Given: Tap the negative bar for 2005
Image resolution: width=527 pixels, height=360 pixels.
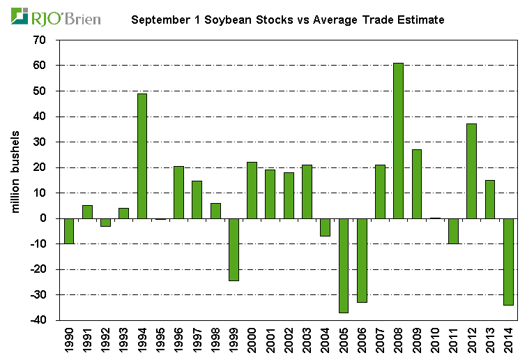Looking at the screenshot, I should click(343, 265).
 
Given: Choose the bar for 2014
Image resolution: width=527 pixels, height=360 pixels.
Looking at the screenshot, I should click(508, 262).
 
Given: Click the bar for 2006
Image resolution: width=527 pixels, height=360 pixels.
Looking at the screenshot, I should click(362, 260).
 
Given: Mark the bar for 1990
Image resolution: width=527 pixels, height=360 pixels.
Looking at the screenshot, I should click(69, 231).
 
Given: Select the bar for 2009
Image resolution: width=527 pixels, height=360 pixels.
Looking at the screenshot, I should click(416, 183).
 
